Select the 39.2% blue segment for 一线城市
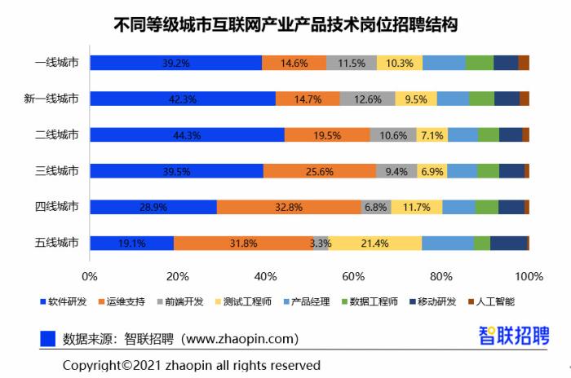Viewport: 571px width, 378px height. click(x=175, y=63)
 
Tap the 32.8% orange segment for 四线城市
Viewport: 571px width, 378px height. click(x=289, y=207)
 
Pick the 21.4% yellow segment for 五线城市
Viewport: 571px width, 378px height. click(x=375, y=243)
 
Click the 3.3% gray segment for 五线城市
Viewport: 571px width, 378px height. click(x=321, y=243)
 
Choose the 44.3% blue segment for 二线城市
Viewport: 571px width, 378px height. click(x=187, y=135)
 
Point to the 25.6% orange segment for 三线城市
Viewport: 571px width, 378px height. click(x=320, y=171)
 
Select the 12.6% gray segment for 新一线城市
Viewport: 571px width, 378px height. click(x=368, y=99)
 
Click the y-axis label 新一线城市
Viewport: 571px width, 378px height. click(x=51, y=99)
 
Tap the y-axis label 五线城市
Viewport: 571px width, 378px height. click(x=57, y=243)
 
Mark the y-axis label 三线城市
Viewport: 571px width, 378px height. click(x=57, y=171)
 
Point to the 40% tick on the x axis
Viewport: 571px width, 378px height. click(x=266, y=276)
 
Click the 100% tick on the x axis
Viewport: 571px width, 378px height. click(x=529, y=276)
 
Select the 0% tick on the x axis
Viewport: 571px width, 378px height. click(x=90, y=276)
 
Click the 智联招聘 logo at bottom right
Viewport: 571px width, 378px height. click(x=513, y=335)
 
